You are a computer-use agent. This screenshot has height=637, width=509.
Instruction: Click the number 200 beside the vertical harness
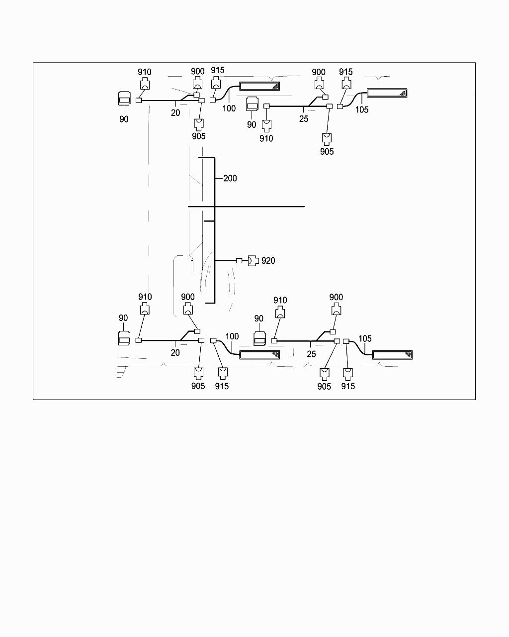click(x=230, y=178)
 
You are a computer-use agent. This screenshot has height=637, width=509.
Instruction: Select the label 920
click(x=268, y=261)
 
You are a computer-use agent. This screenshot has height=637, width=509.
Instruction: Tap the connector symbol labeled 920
click(x=253, y=261)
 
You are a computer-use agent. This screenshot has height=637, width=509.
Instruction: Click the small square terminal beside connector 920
click(x=239, y=261)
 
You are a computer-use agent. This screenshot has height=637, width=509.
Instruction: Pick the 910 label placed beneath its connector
click(x=266, y=139)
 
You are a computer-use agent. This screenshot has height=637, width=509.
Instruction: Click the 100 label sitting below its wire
click(x=229, y=108)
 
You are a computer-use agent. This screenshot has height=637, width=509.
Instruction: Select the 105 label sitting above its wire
click(x=365, y=339)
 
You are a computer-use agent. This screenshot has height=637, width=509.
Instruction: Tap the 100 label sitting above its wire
click(x=232, y=336)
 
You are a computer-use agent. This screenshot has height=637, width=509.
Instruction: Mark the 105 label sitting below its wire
click(x=362, y=110)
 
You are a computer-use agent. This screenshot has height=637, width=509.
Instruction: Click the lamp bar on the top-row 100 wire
click(x=259, y=86)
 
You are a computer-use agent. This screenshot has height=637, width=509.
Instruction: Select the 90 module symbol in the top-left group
click(x=124, y=99)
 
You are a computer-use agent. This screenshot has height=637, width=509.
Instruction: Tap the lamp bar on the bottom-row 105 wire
click(x=392, y=355)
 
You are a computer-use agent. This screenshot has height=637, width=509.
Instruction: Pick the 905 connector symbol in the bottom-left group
click(x=198, y=373)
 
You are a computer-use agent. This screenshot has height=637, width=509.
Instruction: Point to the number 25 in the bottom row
click(x=311, y=354)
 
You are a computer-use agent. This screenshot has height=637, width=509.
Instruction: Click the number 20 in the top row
click(x=175, y=113)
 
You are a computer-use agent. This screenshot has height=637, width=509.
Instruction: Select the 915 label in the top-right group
click(x=346, y=72)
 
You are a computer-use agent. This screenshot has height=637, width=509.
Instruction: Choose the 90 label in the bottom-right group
click(x=258, y=318)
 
